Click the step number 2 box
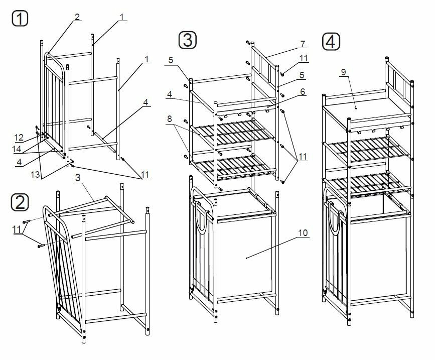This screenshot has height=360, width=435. (x=20, y=202)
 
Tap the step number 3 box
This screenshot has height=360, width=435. (x=187, y=40)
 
